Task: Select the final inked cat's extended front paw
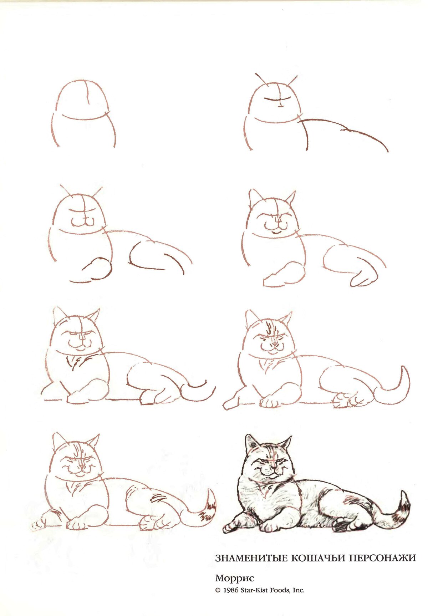232,527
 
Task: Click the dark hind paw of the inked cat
342,525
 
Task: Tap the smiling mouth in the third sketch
83,222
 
